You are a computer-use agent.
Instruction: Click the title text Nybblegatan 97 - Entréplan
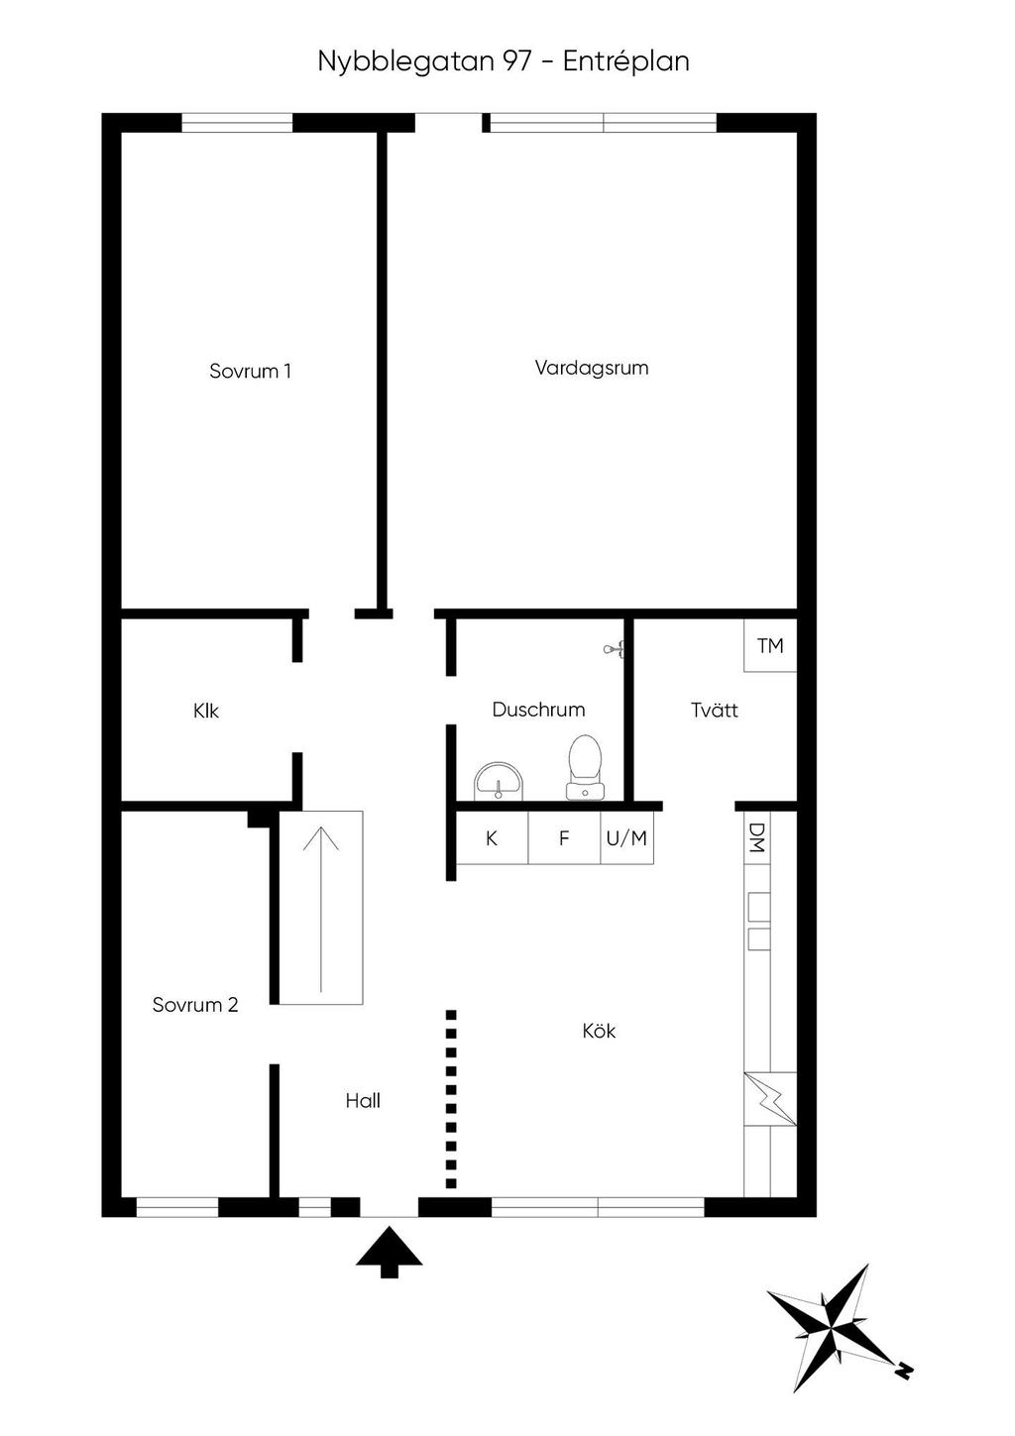coord(504,61)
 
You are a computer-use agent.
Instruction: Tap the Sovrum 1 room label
coord(250,372)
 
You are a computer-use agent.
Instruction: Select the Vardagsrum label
coord(592,368)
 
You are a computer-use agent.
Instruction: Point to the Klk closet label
coord(206,711)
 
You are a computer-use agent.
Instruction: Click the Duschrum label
coord(538,710)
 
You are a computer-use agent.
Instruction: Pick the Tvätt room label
coord(714,710)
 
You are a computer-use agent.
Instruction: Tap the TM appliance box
coord(770,646)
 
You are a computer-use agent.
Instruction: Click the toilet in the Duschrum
coord(585,766)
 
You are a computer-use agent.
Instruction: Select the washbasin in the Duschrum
coord(498,780)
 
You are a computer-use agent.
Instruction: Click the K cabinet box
coord(492,838)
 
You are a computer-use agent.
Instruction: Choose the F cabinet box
coord(564,838)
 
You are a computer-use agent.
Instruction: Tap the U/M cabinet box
coord(626,838)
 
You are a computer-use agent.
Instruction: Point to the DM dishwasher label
coord(757,837)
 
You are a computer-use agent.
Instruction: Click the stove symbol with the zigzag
coord(770,1099)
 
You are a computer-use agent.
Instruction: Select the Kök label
coord(599,1032)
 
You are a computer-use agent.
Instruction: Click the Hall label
coord(363,1101)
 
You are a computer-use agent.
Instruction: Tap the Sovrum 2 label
coord(195,1005)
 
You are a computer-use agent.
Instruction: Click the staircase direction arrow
coord(321,907)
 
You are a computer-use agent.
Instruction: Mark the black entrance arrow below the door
coord(390,1251)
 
